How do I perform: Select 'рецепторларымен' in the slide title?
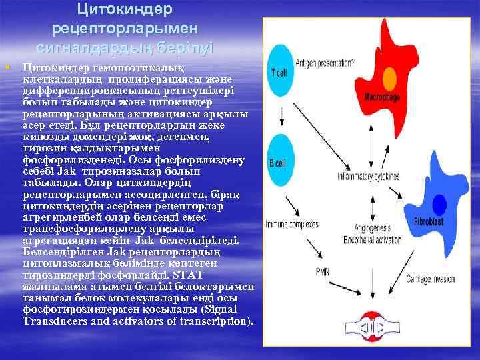tap(125, 29)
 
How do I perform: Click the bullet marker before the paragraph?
tap(6, 67)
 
